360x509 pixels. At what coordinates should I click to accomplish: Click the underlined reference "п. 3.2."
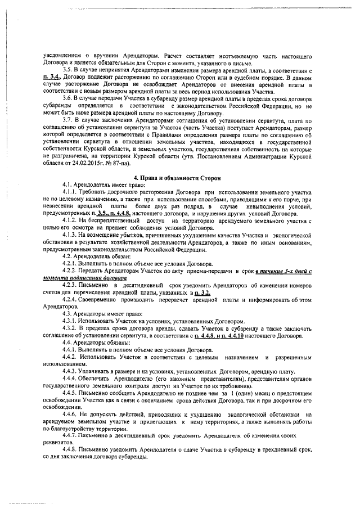201,293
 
